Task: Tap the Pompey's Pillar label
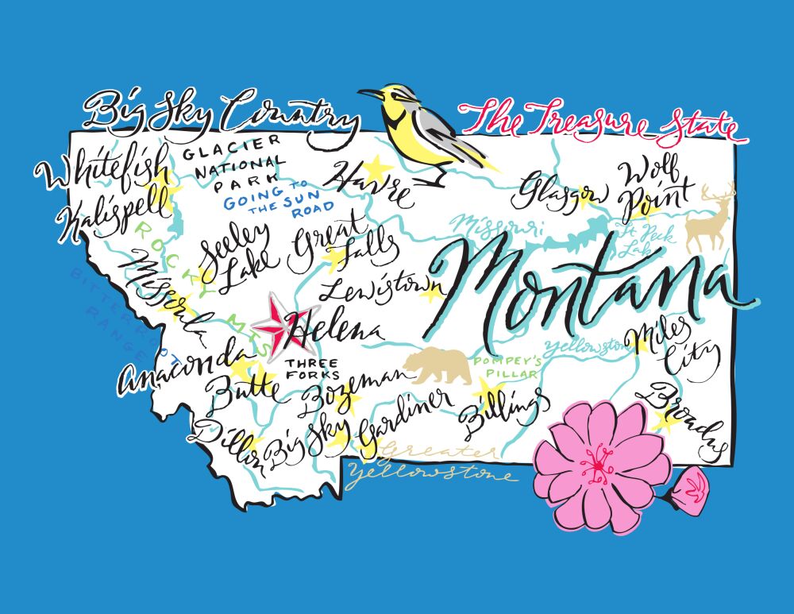[507, 367]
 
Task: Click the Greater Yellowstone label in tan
[433, 464]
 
